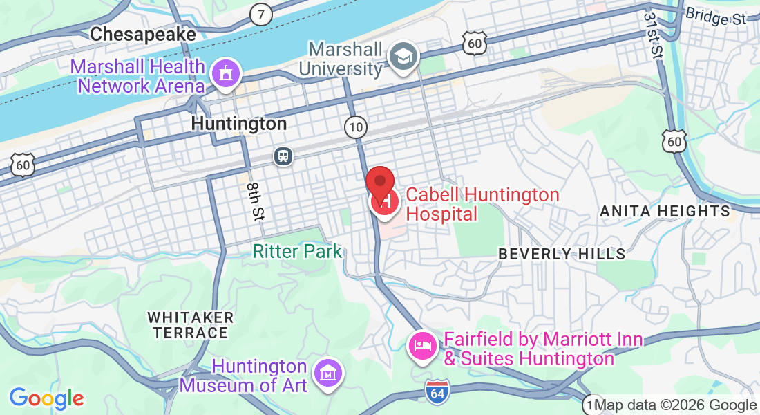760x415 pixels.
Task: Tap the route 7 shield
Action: point(260,14)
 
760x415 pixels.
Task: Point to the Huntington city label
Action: point(238,124)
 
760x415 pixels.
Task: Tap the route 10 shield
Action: point(355,127)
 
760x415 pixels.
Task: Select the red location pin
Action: point(379,183)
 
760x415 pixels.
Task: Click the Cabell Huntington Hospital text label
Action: point(482,204)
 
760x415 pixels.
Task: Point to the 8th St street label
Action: point(255,201)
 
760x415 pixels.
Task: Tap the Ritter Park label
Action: point(297,250)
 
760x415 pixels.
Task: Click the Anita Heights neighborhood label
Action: point(665,211)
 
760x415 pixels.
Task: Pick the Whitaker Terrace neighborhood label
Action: point(191,325)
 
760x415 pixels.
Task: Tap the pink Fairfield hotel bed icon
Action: point(423,344)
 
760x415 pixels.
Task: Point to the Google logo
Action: point(46,398)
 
